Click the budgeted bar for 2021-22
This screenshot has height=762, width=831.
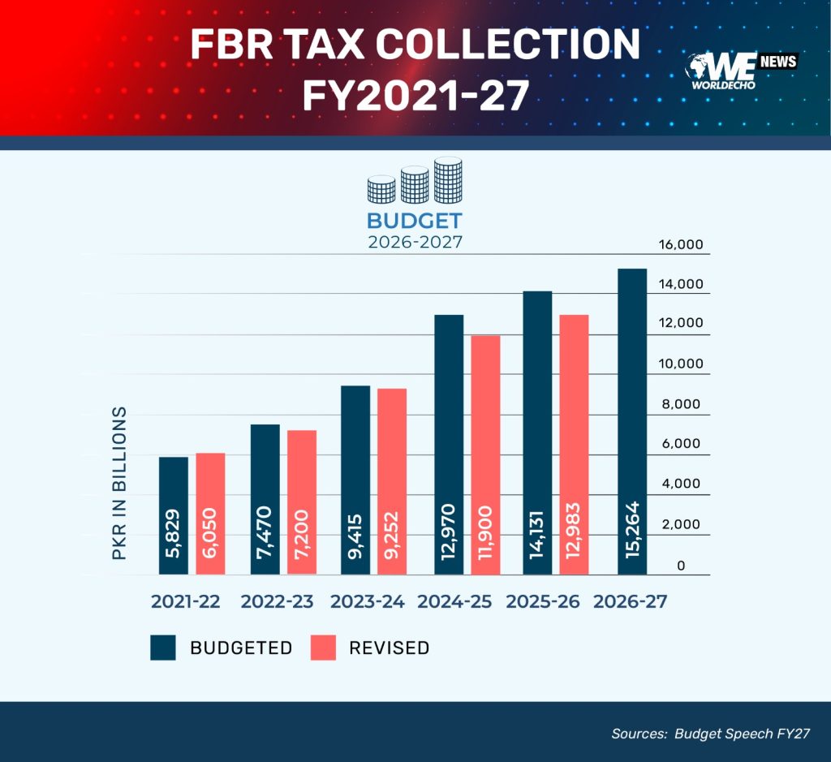click(174, 515)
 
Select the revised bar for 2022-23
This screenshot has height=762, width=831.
click(302, 502)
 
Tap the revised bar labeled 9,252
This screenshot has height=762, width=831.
click(392, 482)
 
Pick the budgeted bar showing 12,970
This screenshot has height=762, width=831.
click(449, 445)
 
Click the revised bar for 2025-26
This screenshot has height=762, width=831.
click(574, 445)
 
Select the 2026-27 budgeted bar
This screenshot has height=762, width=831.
click(632, 422)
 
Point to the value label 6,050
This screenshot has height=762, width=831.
click(210, 532)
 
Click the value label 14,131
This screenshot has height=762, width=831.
click(537, 534)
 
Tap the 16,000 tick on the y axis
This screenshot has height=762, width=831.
click(681, 244)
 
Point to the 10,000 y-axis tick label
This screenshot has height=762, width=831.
click(681, 364)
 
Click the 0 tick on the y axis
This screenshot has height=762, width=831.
click(681, 566)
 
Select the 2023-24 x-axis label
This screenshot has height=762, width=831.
click(368, 601)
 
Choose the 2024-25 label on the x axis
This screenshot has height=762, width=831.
click(454, 601)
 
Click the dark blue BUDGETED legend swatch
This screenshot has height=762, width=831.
click(162, 648)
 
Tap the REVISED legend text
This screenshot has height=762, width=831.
click(389, 648)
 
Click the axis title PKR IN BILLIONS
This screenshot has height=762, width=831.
click(120, 484)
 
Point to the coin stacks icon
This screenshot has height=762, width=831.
click(415, 181)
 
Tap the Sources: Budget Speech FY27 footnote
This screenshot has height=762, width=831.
click(711, 734)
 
